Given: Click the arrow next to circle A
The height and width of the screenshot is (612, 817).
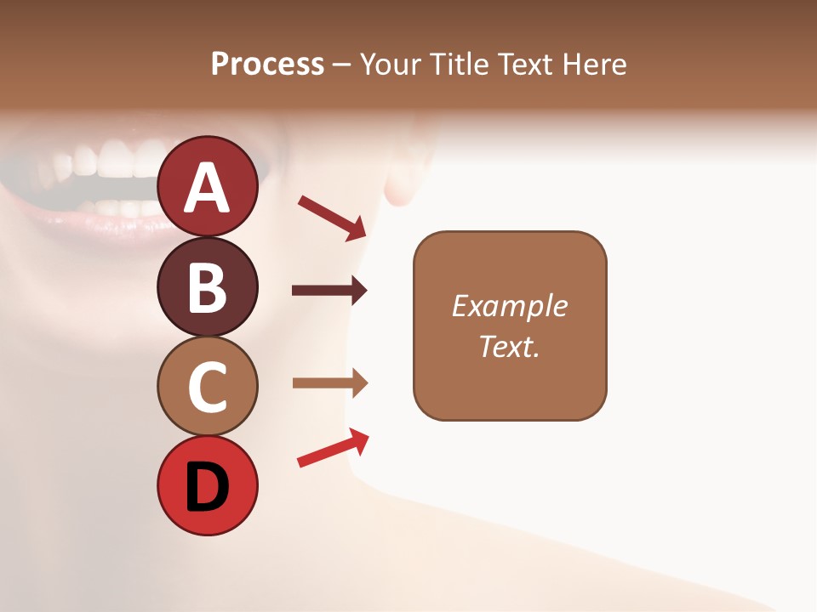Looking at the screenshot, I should click(332, 217).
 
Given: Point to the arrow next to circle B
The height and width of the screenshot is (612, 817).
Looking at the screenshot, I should click(329, 291).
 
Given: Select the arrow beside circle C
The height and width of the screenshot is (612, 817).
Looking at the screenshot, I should click(329, 383).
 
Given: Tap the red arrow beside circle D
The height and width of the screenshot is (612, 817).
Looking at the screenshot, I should click(333, 448).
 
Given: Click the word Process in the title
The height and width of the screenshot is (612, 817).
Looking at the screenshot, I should click(267, 64).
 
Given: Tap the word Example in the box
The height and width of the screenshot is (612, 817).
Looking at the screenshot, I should click(509, 306).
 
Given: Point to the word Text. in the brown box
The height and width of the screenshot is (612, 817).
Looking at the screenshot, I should click(509, 346).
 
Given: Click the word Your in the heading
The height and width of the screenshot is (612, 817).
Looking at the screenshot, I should click(389, 64).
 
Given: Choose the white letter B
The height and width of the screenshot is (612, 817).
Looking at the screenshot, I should click(208, 287).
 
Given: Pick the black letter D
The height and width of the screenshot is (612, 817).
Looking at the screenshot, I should click(208, 487).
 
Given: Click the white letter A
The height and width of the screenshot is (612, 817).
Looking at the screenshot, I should click(208, 187).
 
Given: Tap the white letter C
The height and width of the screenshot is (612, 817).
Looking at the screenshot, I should click(208, 387).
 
